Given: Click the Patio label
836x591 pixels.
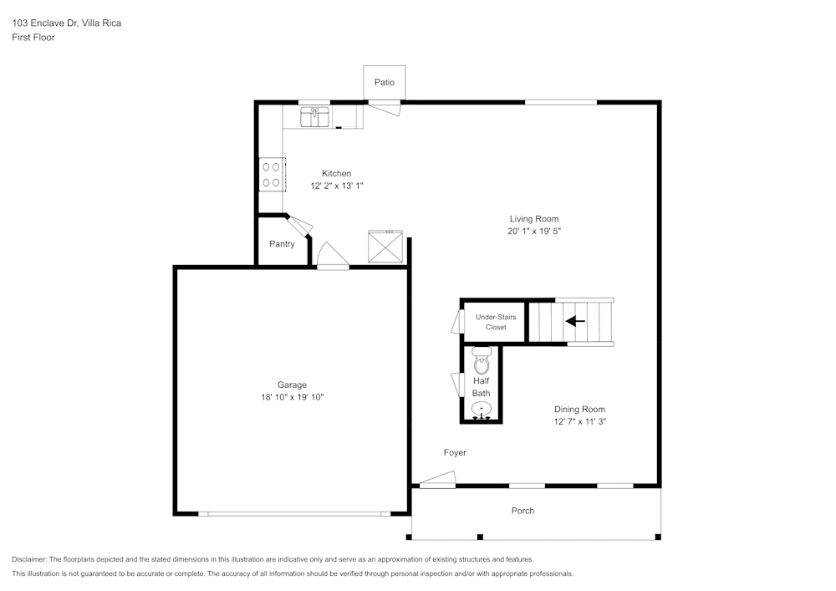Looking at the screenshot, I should (x=385, y=82).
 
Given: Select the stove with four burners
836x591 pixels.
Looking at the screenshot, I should (x=272, y=174).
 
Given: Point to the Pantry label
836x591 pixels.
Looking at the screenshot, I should (x=282, y=244).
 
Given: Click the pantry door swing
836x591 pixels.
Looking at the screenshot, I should (x=298, y=223).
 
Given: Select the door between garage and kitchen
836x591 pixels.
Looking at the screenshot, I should (x=332, y=257).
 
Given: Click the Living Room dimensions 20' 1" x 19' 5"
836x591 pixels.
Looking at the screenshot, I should (x=534, y=231).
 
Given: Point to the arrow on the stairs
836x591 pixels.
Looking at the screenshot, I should (x=575, y=321).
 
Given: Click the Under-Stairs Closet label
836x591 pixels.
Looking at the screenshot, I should (x=496, y=322).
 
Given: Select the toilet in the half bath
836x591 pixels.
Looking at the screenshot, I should (x=482, y=362).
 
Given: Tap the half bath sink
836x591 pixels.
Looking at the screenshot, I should (x=482, y=409).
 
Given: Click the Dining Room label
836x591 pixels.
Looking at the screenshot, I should (x=579, y=409).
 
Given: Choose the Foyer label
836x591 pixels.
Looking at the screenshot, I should (x=455, y=452).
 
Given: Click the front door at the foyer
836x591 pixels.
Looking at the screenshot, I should (x=437, y=480).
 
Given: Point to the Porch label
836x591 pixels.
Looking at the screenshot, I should (x=522, y=511).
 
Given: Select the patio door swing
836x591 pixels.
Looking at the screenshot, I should (x=386, y=105).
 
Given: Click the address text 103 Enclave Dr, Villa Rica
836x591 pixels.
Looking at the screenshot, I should (x=66, y=23).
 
